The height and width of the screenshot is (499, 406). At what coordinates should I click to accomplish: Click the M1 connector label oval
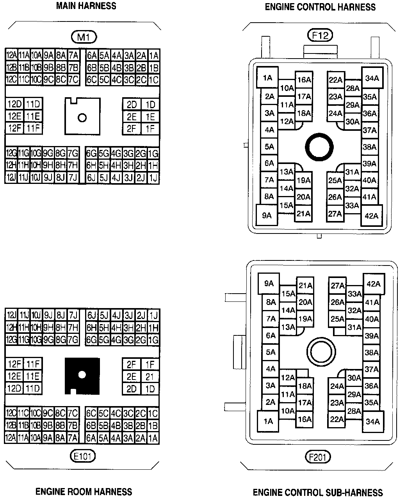click(84, 37)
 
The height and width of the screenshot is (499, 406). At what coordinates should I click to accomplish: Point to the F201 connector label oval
click(317, 456)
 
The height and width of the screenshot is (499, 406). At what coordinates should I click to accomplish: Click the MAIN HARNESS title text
click(86, 6)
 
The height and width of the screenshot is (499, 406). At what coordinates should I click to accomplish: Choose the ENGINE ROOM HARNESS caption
click(84, 491)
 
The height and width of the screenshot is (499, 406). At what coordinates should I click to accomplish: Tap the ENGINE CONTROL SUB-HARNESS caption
click(318, 492)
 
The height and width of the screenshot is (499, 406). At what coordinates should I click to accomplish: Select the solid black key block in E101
click(82, 375)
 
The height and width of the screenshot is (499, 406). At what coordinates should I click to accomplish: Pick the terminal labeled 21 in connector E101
click(150, 377)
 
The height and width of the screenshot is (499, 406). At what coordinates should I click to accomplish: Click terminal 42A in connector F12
click(371, 216)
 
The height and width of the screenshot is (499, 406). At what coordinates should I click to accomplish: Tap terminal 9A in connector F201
click(269, 284)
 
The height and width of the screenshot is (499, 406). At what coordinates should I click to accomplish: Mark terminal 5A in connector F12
click(269, 147)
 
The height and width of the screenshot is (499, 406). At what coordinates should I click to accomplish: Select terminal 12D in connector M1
click(14, 104)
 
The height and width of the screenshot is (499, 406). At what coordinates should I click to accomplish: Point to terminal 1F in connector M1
click(150, 128)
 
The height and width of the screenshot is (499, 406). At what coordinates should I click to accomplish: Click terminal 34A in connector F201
click(373, 422)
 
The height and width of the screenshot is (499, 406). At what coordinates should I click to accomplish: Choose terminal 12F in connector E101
click(14, 364)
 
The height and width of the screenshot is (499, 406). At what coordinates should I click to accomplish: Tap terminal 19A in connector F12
click(303, 180)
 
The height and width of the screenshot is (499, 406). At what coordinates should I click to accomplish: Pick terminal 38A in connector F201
click(371, 353)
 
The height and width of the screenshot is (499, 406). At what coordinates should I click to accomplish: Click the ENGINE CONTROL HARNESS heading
click(320, 7)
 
